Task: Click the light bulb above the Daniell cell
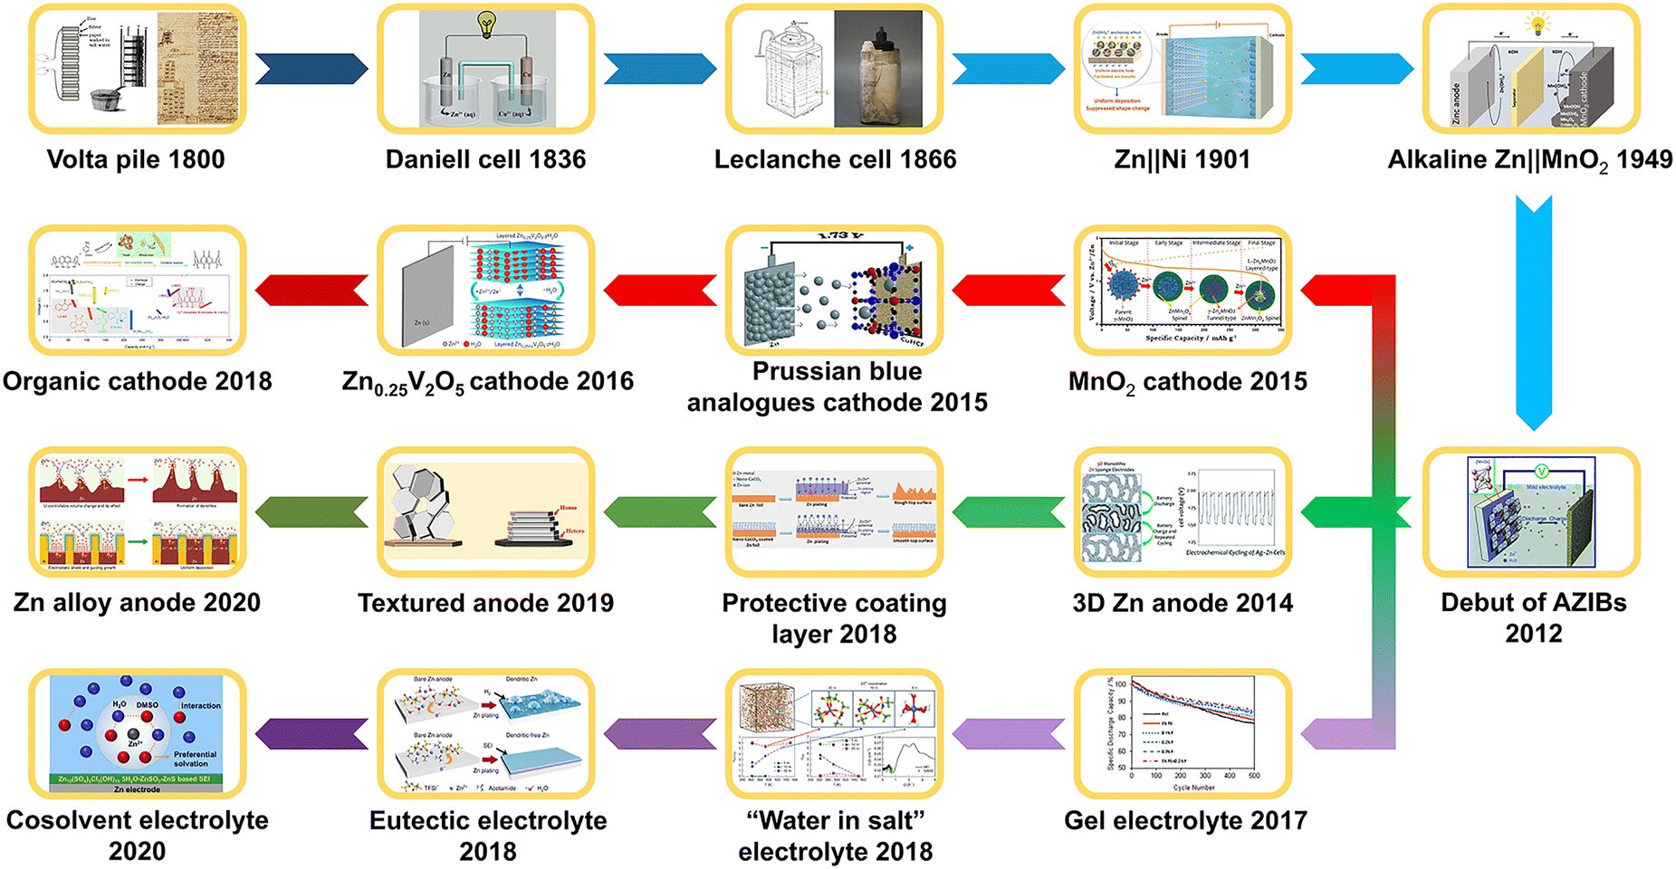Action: [x=487, y=24]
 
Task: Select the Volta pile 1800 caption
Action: [x=136, y=160]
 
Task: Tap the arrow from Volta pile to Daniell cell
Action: [x=311, y=69]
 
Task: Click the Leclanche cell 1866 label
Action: [x=835, y=160]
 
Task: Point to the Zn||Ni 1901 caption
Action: [x=1182, y=160]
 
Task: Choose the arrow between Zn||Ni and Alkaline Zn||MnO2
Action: [x=1356, y=69]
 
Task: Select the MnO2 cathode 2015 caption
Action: [x=1187, y=382]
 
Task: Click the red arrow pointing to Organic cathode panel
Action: [x=311, y=291]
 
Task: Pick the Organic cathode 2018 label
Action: [x=138, y=382]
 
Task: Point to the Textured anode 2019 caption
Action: [x=485, y=603]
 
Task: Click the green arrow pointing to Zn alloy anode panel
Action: [x=311, y=512]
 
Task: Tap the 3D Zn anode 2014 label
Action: [x=1183, y=603]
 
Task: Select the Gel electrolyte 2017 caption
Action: [x=1185, y=821]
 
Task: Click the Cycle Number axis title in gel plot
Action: [x=1193, y=788]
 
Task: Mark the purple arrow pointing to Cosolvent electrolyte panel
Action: [x=311, y=733]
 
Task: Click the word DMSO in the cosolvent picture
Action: [x=147, y=704]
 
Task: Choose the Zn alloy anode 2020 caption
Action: [x=137, y=603]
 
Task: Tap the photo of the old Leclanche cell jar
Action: [x=877, y=69]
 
